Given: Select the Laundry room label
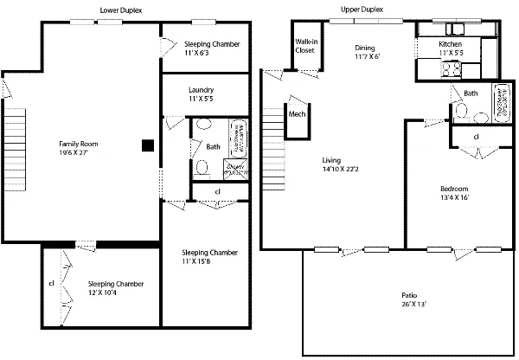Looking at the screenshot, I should click(201, 90).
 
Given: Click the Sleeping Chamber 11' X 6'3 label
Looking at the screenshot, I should click(211, 44).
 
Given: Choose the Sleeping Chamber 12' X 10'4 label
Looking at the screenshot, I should click(115, 284).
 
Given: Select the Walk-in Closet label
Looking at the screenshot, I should click(305, 46).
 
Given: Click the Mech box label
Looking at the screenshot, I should click(297, 114).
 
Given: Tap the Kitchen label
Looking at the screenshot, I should click(451, 43).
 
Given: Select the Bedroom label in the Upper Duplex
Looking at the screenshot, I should click(453, 189).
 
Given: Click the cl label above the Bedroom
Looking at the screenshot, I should click(477, 136).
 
